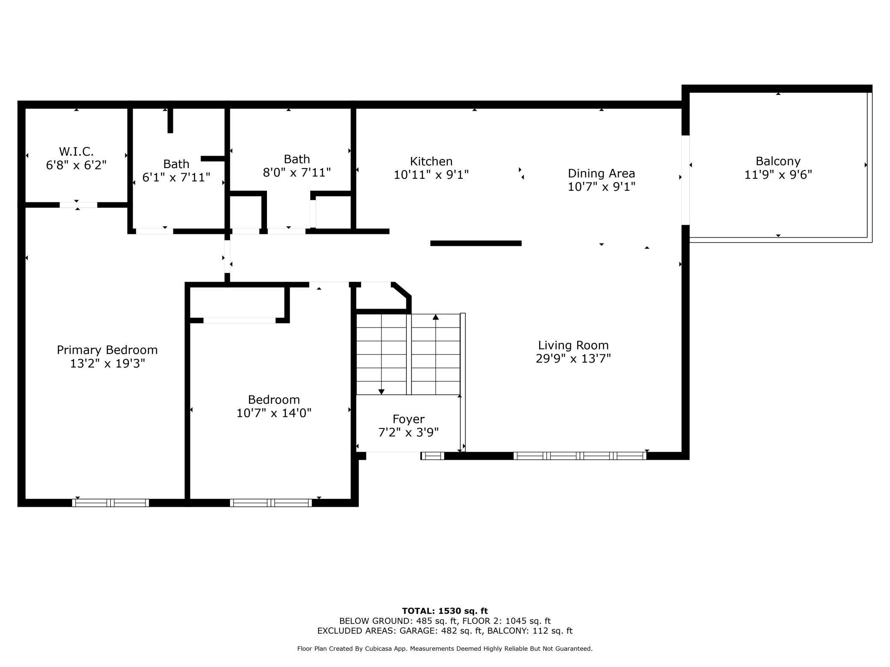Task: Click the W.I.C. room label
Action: tap(76, 151)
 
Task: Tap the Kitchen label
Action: tap(431, 161)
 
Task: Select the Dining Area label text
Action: tap(601, 173)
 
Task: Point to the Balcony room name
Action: tap(778, 161)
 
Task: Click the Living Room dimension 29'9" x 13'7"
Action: tap(573, 358)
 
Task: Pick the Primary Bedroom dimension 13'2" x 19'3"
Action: tap(107, 363)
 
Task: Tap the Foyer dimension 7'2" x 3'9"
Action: tap(409, 433)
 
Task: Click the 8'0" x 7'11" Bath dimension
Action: tap(297, 172)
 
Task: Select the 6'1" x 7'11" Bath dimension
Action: tap(176, 177)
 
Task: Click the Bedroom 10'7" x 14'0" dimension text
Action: tap(274, 413)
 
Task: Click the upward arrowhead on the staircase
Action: tap(436, 317)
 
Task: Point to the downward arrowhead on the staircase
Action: tap(381, 392)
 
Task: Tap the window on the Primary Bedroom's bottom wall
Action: tap(110, 503)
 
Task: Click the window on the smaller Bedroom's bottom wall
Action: tap(271, 503)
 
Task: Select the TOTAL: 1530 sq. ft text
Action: tap(445, 611)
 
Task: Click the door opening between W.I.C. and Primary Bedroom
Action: tap(78, 205)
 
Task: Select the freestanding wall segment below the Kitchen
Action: tap(476, 243)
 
